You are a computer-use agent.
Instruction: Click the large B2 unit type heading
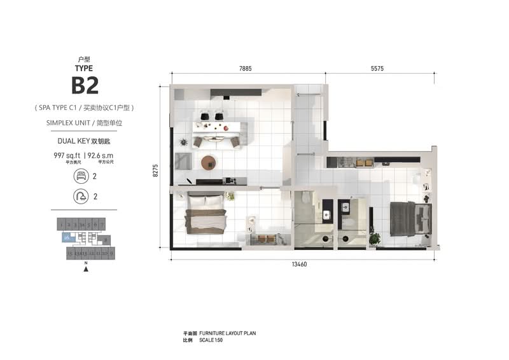click(85, 85)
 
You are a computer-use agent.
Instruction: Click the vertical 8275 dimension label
click(155, 170)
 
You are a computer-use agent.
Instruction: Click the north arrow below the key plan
click(85, 269)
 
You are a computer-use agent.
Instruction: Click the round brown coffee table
click(209, 163)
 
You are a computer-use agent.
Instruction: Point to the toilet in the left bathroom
click(305, 198)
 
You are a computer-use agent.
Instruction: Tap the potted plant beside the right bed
click(374, 239)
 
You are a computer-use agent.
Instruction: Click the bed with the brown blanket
click(206, 216)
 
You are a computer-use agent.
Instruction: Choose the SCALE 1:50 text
click(211, 340)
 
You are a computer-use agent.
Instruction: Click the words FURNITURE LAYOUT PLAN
click(227, 333)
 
